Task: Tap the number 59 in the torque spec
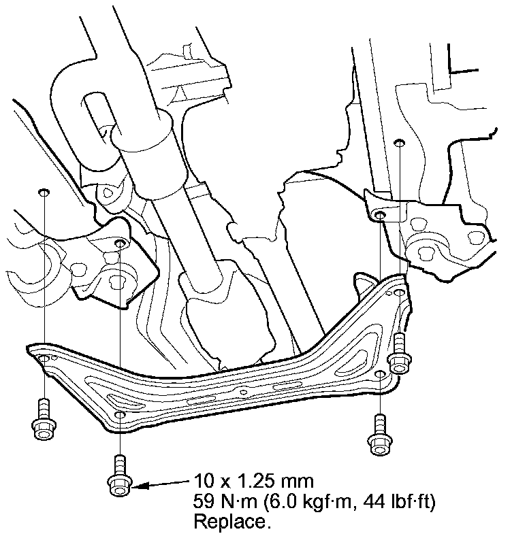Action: (204, 503)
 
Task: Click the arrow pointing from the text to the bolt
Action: (161, 485)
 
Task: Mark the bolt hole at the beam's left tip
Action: (44, 358)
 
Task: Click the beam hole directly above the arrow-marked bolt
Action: (119, 414)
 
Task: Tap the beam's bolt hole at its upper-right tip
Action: (398, 292)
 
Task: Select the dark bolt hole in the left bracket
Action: (119, 243)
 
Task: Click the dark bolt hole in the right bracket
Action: (381, 216)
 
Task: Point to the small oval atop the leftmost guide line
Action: (44, 192)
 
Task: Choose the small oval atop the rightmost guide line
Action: (400, 143)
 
